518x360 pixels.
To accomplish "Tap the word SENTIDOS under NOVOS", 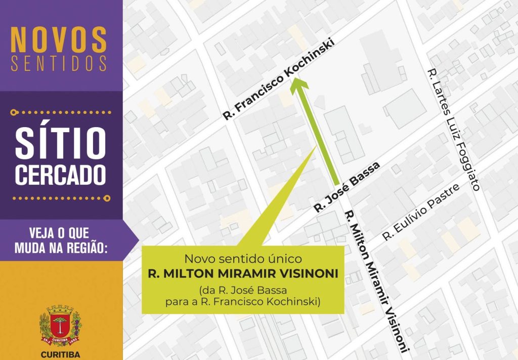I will (x=59, y=63).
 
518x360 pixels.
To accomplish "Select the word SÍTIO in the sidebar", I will (x=61, y=143).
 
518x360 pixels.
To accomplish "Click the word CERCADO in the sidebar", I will (x=61, y=174).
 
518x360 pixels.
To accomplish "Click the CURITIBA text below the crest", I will (x=60, y=354).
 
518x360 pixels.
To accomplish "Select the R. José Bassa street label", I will (x=347, y=187).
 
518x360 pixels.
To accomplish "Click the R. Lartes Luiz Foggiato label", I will (x=453, y=129).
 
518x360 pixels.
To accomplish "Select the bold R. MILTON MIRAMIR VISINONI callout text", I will (x=243, y=274).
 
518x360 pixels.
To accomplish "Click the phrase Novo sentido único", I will (x=243, y=259).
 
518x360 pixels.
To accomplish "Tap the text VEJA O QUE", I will (x=60, y=233).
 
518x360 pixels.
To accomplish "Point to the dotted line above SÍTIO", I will (x=61, y=110).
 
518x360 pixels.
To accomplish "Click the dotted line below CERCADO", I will (x=61, y=198).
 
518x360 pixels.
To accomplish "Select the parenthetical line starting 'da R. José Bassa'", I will (x=243, y=290).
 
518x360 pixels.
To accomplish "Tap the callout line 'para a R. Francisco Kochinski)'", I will (x=243, y=303).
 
